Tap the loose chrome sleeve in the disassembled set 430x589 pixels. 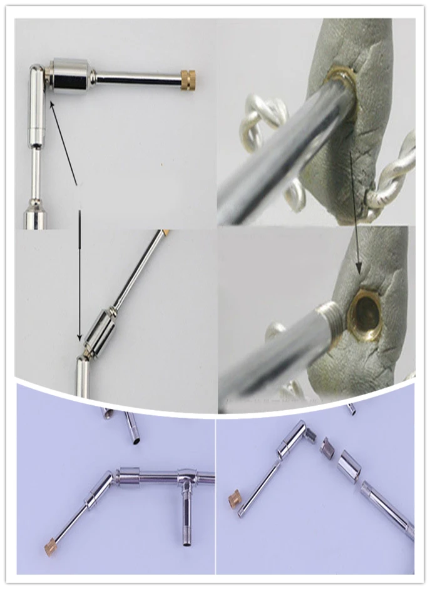pos(348,466)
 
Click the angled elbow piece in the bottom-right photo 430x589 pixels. pos(294,438)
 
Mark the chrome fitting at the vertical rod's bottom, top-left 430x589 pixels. pos(35,218)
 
